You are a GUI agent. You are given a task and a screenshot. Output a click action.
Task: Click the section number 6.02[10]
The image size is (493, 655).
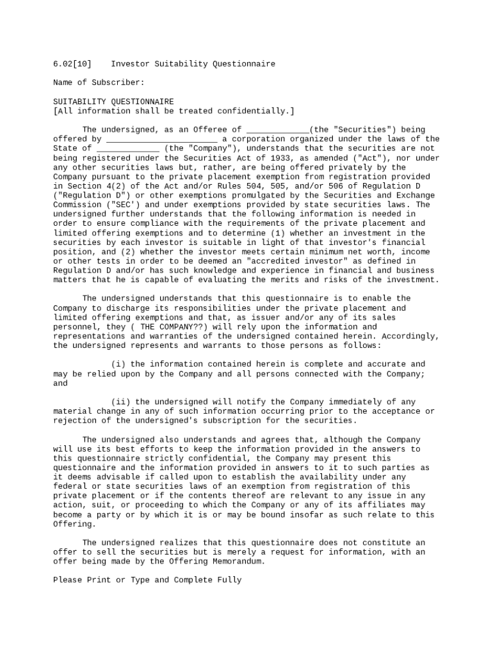72,64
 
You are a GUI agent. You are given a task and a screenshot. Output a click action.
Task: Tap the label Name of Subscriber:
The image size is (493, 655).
99,83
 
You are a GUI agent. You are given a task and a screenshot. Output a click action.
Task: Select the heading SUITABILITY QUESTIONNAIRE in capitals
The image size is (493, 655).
113,102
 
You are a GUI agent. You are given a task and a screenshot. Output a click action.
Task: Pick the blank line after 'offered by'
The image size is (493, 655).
161,139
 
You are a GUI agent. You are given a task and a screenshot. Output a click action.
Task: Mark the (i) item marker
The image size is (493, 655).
118,365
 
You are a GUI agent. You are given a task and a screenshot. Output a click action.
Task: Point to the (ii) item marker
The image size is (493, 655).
120,402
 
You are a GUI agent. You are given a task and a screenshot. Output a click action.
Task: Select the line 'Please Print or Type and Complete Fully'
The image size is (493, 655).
147,580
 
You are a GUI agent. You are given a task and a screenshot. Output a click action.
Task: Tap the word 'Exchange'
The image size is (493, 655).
416,196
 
